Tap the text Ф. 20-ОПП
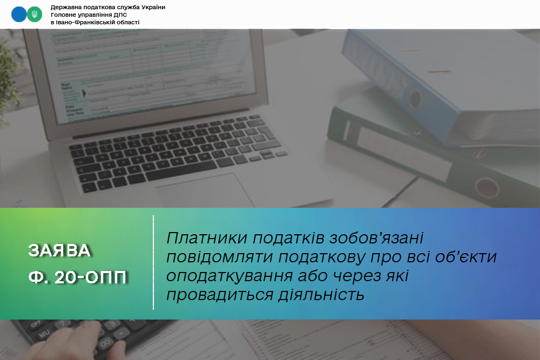coord(78,277)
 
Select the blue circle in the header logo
coord(19,15)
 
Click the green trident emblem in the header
coord(34,15)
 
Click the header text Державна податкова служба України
coord(107,7)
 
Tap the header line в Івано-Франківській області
coord(94,22)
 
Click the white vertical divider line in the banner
coord(153,263)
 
